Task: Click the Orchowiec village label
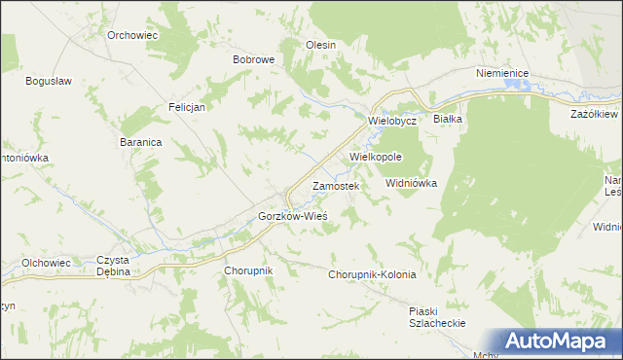133,34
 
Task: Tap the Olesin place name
321,45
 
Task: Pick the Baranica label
141,141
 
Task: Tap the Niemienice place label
501,73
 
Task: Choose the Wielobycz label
392,121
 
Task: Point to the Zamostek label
336,185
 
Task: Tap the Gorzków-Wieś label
292,215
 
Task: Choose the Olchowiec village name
47,263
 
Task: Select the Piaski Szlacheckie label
437,317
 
